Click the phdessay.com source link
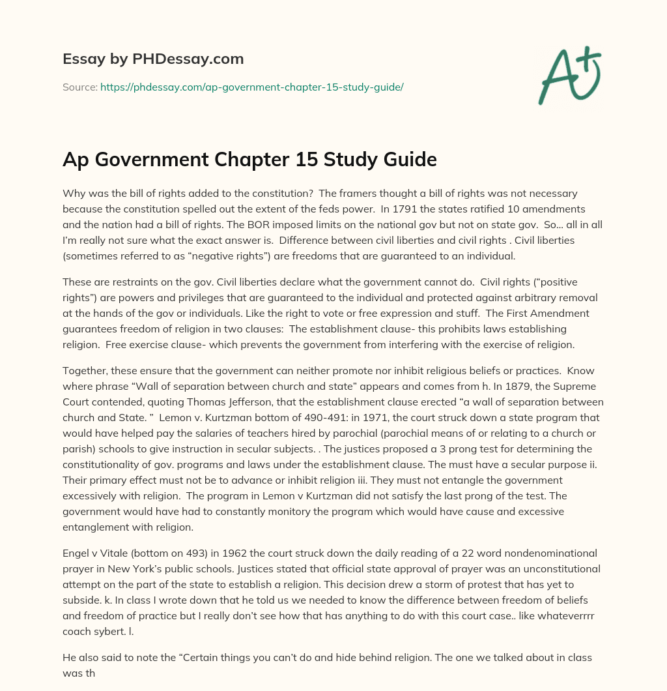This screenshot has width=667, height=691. pos(251,86)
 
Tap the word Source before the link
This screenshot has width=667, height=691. pos(79,86)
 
